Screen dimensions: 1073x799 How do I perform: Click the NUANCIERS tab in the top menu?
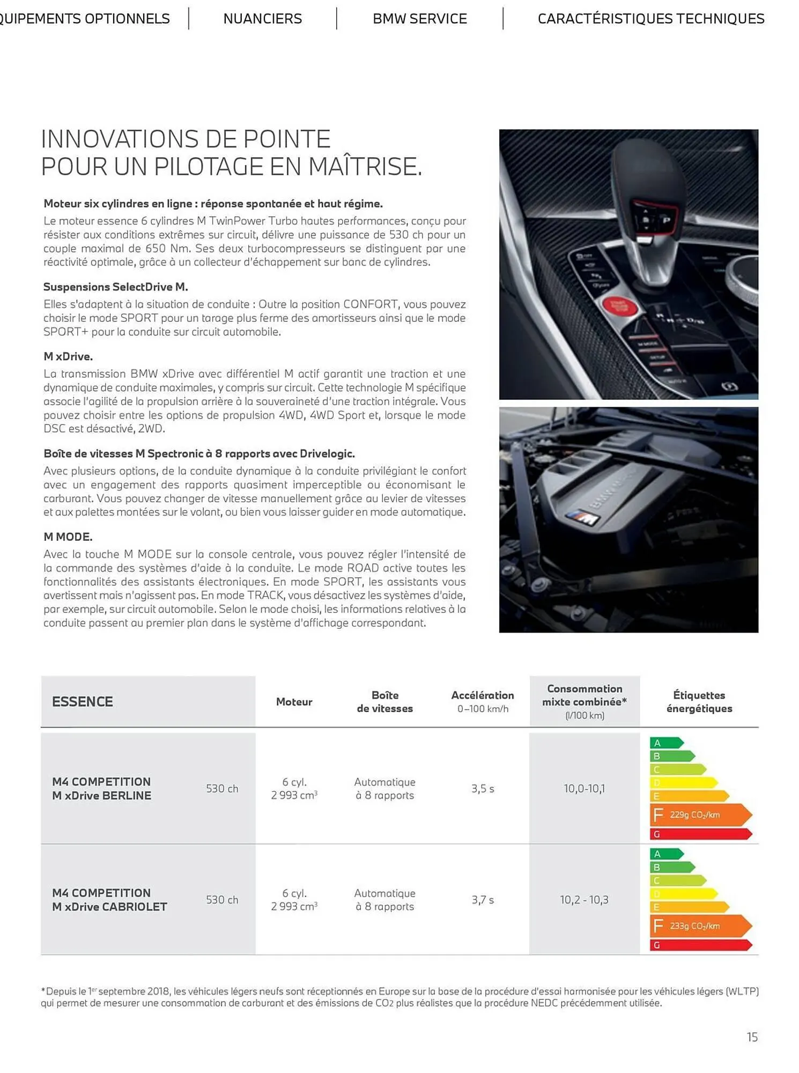(x=262, y=19)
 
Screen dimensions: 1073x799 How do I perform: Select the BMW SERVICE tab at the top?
(x=419, y=19)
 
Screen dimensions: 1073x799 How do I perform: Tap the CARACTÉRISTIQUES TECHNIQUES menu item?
(x=650, y=19)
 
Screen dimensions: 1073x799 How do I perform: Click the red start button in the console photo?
(x=621, y=307)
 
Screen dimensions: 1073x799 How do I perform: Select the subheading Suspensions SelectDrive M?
(x=115, y=286)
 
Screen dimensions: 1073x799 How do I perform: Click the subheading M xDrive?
(x=68, y=356)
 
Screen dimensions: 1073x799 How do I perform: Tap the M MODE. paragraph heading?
(x=68, y=536)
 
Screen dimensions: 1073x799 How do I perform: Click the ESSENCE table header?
(x=83, y=702)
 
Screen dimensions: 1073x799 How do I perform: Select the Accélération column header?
(x=482, y=696)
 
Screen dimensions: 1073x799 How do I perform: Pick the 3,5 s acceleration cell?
(x=483, y=789)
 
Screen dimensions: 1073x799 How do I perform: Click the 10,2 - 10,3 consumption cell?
(x=584, y=900)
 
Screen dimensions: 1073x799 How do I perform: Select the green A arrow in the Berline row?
(x=665, y=743)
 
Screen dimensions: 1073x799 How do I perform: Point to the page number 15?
(x=752, y=1037)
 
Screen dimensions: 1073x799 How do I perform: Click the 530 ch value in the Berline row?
(x=222, y=789)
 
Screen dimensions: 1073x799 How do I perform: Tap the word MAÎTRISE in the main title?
(x=365, y=166)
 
